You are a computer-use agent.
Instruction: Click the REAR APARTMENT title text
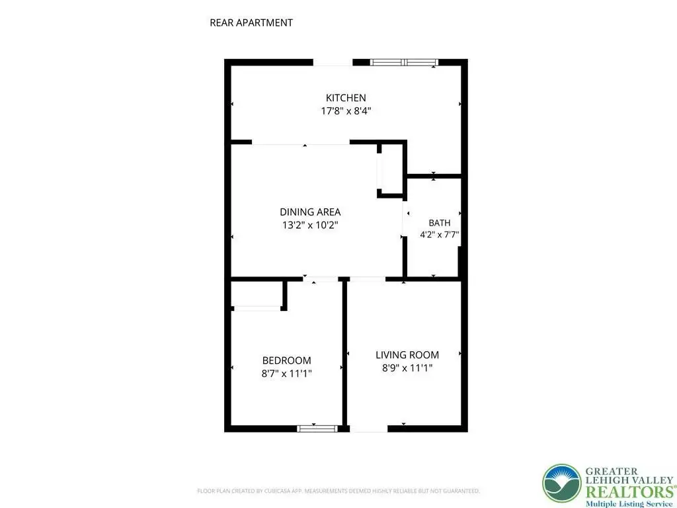pyautogui.click(x=251, y=22)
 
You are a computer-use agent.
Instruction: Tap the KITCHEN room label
pyautogui.click(x=346, y=98)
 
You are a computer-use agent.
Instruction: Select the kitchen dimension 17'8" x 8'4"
pyautogui.click(x=346, y=110)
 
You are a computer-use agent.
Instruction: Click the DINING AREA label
pyautogui.click(x=310, y=212)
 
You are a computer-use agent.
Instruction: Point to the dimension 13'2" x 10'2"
pyautogui.click(x=310, y=225)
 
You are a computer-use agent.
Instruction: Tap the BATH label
pyautogui.click(x=440, y=223)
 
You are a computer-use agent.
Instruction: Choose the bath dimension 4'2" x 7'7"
pyautogui.click(x=440, y=235)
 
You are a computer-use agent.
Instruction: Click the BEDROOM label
pyautogui.click(x=287, y=360)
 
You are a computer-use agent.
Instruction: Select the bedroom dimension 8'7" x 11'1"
pyautogui.click(x=287, y=373)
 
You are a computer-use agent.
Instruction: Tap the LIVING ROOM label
pyautogui.click(x=407, y=355)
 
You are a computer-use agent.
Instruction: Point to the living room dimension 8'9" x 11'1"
pyautogui.click(x=407, y=368)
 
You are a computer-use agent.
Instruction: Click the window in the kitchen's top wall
pyautogui.click(x=404, y=62)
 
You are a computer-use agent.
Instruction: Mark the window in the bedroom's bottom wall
pyautogui.click(x=317, y=429)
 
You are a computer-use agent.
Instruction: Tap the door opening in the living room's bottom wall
pyautogui.click(x=368, y=429)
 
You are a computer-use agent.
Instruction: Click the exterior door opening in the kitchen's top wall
pyautogui.click(x=333, y=62)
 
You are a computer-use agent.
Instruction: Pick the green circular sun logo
pyautogui.click(x=562, y=484)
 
